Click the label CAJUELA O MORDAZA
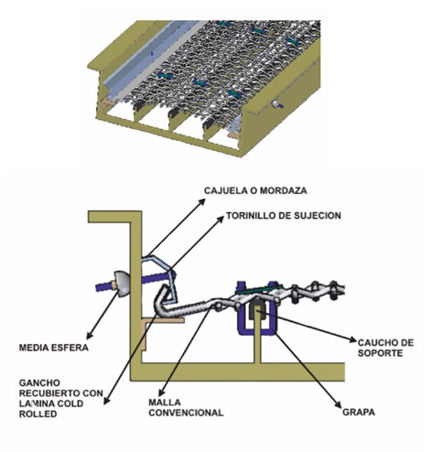255,190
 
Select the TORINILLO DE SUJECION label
284,216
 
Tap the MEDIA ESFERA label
54,348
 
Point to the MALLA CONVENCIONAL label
186,407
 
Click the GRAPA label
359,413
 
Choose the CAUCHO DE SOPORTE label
385,348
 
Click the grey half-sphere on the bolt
122,284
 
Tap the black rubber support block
258,307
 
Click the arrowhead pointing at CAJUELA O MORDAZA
202,201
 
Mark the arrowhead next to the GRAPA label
338,404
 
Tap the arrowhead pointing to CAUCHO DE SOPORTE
352,339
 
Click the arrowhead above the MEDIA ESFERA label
89,335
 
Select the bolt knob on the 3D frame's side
277,104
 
